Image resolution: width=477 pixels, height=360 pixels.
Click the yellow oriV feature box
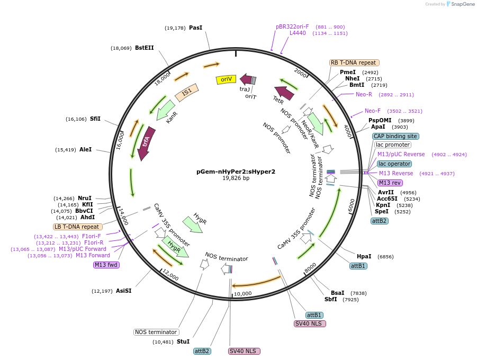226,79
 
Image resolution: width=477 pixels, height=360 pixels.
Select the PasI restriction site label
195,28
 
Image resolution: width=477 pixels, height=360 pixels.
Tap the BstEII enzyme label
144,48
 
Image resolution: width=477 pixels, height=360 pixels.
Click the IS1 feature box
186,93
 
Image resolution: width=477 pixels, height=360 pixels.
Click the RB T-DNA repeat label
354,62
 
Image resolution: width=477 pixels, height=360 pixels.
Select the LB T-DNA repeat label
76,227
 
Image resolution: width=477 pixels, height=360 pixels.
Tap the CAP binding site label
395,136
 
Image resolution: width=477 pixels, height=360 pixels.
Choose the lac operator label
394,164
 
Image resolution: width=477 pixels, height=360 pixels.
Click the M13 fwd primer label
106,265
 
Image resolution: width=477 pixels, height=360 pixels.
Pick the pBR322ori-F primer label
292,26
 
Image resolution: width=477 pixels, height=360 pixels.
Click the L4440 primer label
298,33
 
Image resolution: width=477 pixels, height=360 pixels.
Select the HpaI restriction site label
364,256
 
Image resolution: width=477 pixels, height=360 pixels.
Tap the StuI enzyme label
183,342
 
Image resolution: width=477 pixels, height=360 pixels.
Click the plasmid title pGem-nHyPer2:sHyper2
236,172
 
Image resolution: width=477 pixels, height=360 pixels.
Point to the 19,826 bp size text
236,178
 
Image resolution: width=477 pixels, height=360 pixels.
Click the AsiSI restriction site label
123,291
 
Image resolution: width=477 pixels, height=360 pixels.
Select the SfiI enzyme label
95,119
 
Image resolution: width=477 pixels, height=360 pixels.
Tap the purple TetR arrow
284,93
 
